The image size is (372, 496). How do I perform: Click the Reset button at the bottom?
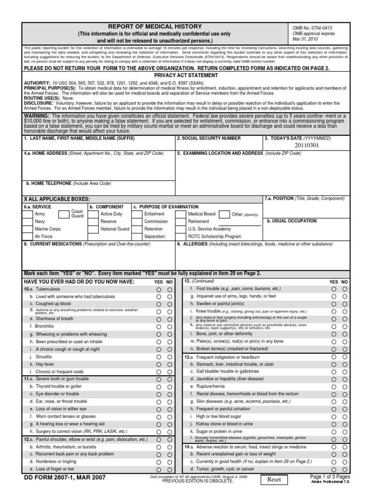pos(275,479)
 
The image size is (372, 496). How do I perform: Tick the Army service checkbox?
pos(28,214)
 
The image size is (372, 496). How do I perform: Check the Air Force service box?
pos(28,236)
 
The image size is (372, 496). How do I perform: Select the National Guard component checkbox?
pos(93,229)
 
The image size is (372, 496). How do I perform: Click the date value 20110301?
pos(307,145)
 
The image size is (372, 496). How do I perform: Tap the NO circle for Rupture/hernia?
pos(344,387)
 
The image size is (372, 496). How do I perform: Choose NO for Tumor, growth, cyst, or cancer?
pos(344,469)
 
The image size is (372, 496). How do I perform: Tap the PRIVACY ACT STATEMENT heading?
pos(186,76)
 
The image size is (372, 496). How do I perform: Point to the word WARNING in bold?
pos(37,116)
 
